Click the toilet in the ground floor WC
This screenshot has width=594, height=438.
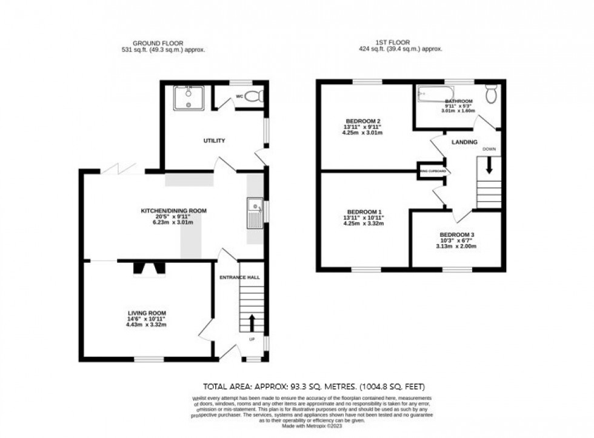click(257, 95)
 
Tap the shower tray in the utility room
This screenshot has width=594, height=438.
click(190, 98)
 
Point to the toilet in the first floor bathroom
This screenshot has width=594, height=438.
click(491, 93)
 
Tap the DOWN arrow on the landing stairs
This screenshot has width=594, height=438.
click(489, 165)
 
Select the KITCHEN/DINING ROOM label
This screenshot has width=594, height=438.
click(174, 211)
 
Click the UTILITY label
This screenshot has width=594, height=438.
click(214, 141)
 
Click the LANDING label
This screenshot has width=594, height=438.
click(464, 142)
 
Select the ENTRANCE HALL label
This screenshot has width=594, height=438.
click(240, 277)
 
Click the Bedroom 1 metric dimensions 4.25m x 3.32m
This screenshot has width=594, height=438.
click(364, 224)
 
